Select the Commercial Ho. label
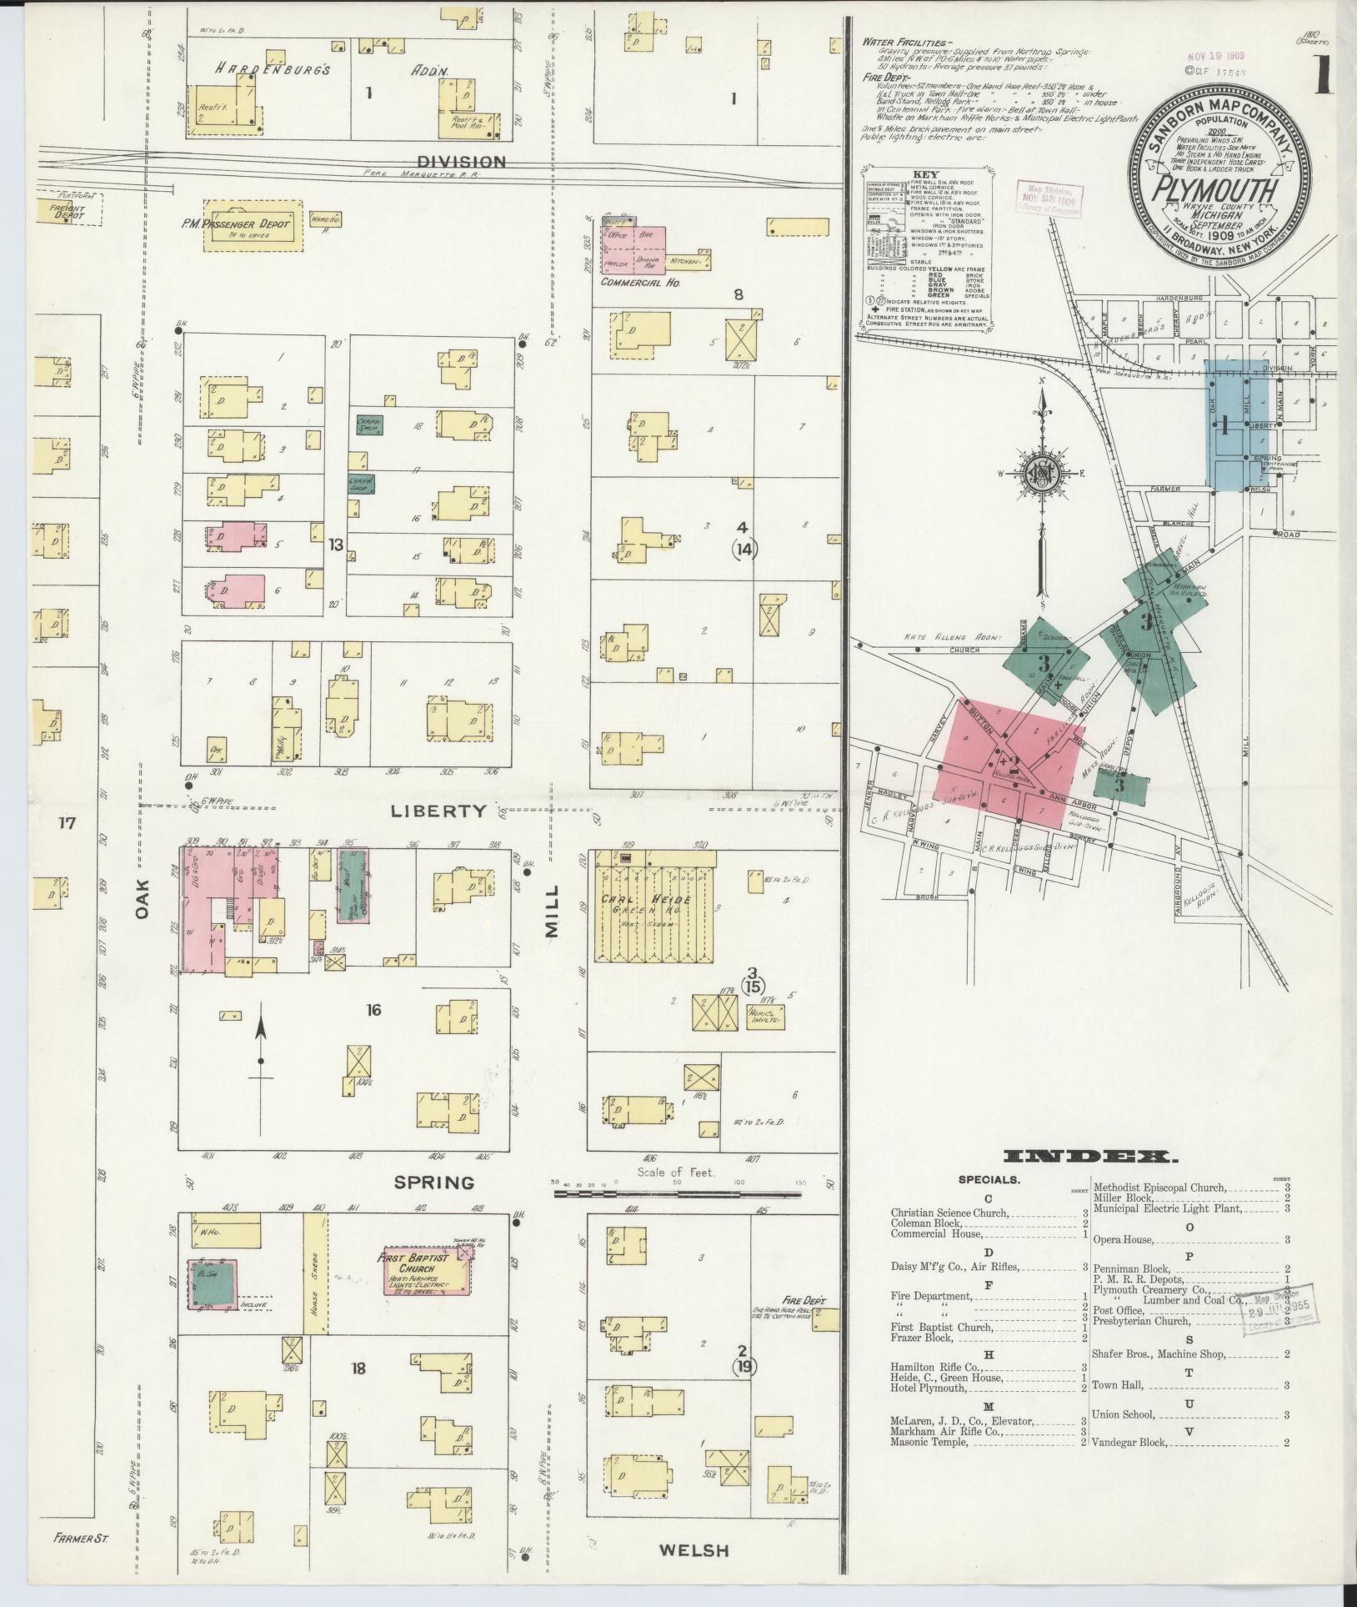tap(641, 284)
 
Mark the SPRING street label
tap(434, 1183)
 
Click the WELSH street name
tap(694, 1550)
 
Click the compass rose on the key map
tap(1041, 478)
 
